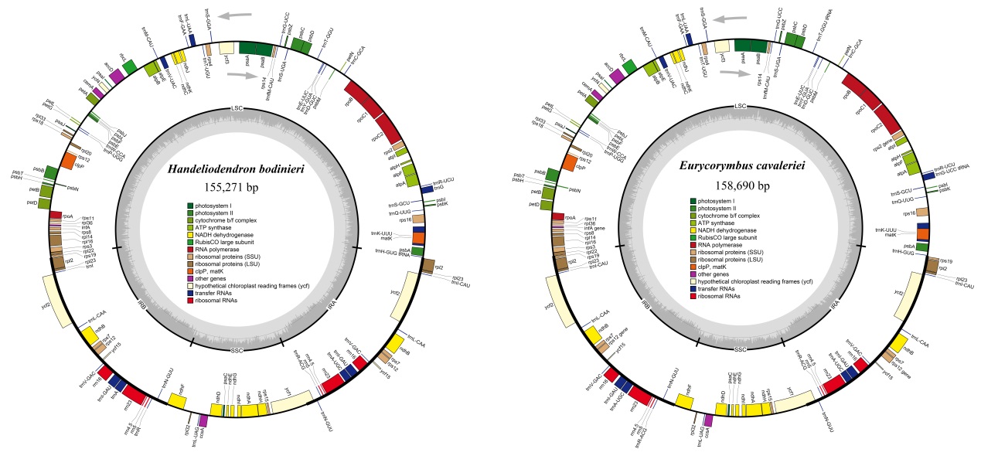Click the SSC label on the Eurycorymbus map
pos(740,350)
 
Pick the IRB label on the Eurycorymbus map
pos(645,305)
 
